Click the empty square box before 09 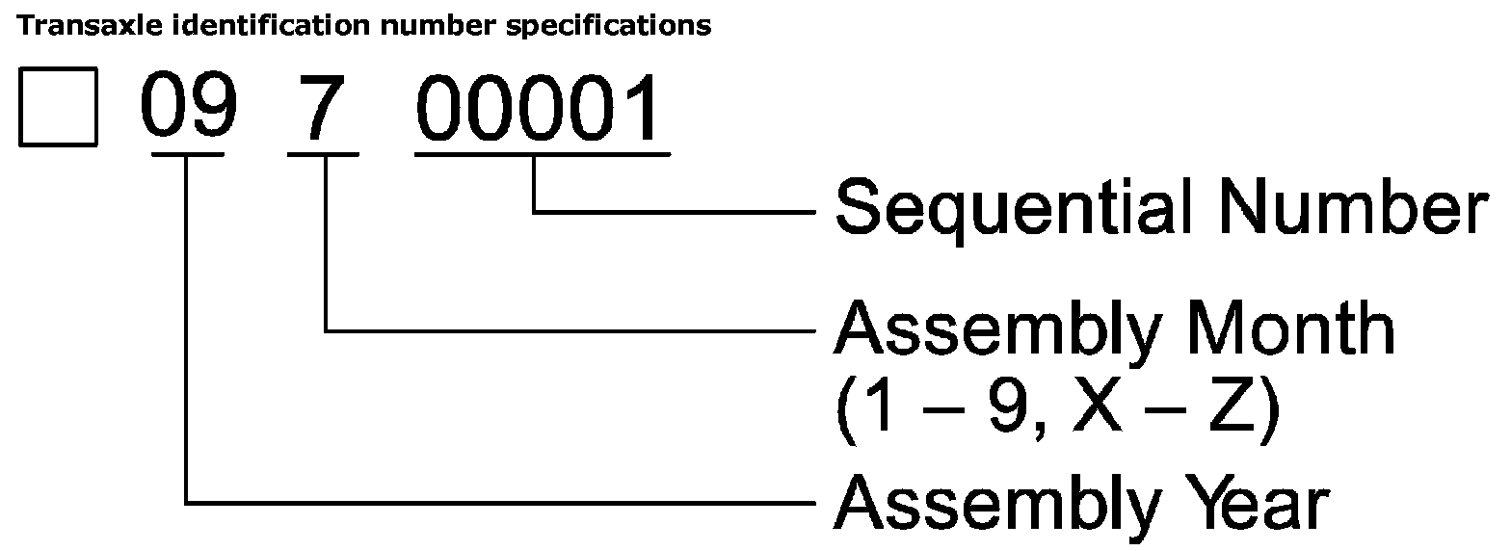[x=58, y=108]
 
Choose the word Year [x=1253, y=503]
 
